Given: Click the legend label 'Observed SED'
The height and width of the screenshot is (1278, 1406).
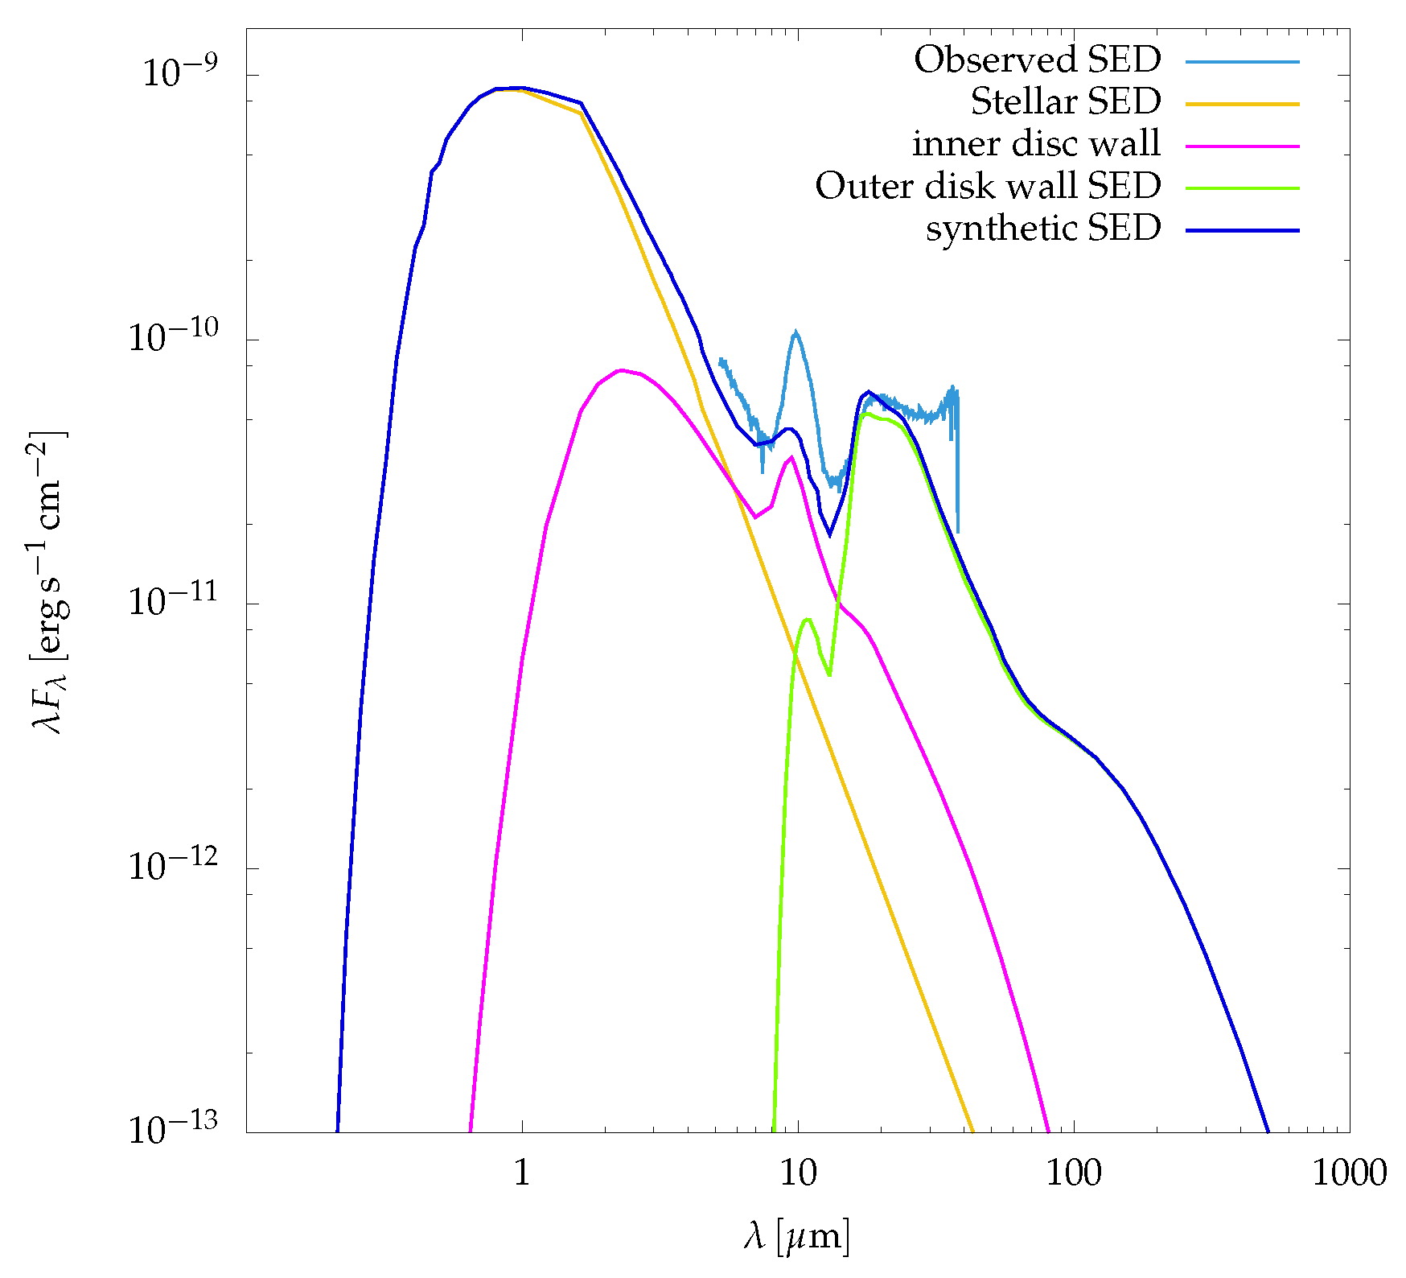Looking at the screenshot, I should [1037, 60].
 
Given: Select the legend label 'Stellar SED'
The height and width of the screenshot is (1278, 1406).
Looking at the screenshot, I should [1065, 102].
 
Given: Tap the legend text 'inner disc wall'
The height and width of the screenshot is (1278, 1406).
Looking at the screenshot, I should [1036, 145].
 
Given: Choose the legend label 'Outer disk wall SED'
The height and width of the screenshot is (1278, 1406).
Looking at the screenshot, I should [988, 187].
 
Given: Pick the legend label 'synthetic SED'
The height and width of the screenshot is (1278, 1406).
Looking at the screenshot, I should [1043, 229].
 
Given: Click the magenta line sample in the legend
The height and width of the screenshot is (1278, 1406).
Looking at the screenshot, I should [1242, 146].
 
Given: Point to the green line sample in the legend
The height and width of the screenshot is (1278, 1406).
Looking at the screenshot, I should [1242, 188].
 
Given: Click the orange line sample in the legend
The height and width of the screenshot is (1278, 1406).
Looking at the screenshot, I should [1242, 104].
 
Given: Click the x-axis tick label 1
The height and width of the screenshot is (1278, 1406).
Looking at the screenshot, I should [522, 1173].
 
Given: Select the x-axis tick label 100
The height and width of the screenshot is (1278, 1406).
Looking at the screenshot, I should [1073, 1173].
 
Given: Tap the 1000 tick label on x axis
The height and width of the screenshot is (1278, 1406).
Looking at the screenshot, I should [1349, 1173].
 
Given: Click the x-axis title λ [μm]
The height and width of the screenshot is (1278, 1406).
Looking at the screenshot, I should [796, 1235].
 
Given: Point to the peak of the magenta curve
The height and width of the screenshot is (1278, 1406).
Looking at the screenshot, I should [620, 370].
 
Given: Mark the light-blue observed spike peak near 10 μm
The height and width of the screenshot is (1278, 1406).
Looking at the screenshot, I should [795, 331].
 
